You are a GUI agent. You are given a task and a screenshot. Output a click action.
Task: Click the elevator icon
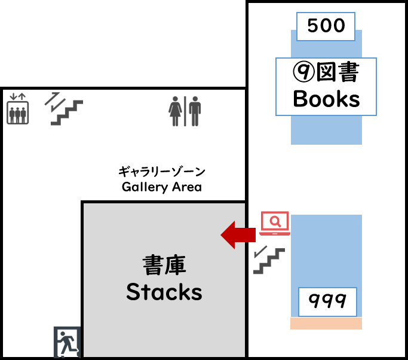coord(17,109)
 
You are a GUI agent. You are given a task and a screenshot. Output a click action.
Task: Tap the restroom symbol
coord(185,111)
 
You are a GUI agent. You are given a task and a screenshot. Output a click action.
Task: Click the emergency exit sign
coord(67,342)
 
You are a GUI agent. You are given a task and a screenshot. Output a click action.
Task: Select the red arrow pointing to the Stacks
coord(238,235)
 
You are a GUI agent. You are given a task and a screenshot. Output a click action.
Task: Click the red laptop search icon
coord(275,224)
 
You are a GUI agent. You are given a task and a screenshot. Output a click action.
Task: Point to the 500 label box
coord(326,26)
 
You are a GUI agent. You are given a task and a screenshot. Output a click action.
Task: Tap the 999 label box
coord(327,302)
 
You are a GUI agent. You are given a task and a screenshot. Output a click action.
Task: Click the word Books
coord(326,99)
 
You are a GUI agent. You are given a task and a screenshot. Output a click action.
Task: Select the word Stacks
coord(164,292)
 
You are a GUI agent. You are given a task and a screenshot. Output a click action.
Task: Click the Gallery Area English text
coord(161,187)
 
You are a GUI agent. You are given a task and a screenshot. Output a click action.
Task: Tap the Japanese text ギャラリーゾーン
coord(161,172)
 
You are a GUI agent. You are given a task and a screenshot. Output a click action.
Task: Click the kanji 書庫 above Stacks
coord(164,265)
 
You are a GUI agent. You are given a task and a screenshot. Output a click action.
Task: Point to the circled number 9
coord(303,72)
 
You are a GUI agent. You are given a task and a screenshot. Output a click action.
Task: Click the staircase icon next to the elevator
coord(64,109)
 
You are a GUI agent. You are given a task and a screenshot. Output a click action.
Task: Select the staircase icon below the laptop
coord(269,260)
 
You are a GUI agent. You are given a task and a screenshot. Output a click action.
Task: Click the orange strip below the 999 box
coord(326,324)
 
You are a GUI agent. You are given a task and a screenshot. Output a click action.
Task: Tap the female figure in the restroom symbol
coord(175,111)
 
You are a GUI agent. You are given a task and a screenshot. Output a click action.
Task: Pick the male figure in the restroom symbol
coord(195,111)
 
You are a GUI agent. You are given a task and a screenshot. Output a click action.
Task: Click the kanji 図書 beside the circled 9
coord(338,72)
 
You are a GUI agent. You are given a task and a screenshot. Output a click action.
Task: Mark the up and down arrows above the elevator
coord(17,97)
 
